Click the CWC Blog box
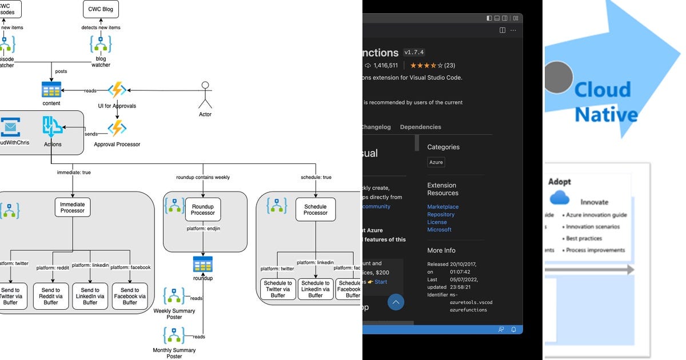(x=101, y=9)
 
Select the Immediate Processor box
(x=73, y=207)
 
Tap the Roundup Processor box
(x=202, y=210)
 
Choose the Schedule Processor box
(x=316, y=210)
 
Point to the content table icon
(x=51, y=90)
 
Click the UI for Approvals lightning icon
(x=117, y=90)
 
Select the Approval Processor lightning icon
(x=117, y=128)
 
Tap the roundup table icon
(x=202, y=264)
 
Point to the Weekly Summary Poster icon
(x=174, y=296)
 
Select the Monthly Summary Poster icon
(x=174, y=335)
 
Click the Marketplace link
(x=442, y=207)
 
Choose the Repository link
(x=441, y=214)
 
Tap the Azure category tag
(x=436, y=162)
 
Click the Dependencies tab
(x=420, y=127)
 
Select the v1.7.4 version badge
(x=414, y=53)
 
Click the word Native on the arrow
(x=606, y=114)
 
